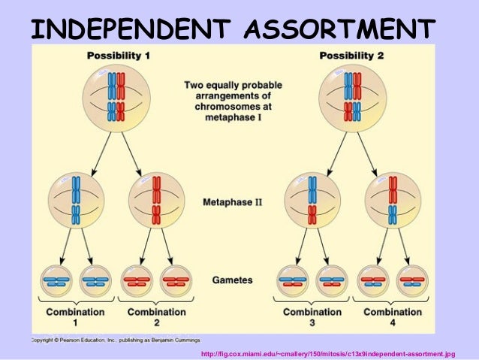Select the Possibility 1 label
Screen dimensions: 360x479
pos(118,56)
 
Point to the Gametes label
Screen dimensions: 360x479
pos(232,280)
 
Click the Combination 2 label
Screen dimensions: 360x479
pos(157,316)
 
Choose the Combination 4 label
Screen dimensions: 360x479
pos(393,316)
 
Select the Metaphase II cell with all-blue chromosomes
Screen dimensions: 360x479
pos(76,202)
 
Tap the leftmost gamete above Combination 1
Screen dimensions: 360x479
pos(56,282)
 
